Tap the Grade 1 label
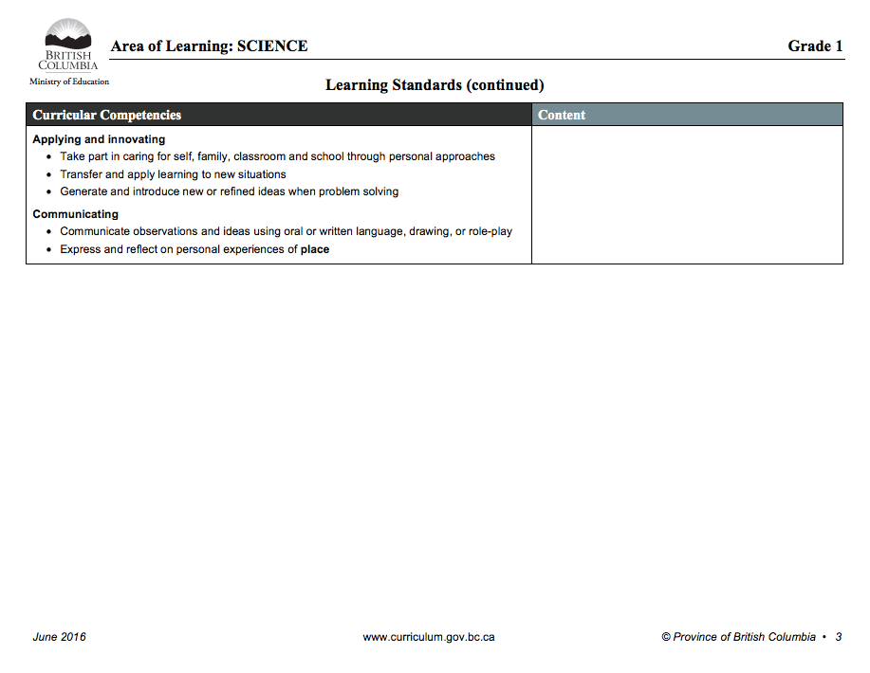815,46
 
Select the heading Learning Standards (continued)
435,85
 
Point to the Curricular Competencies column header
106,116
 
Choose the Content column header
562,116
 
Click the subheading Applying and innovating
99,139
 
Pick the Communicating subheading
76,214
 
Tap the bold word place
315,249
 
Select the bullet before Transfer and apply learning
48,174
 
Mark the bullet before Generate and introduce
48,191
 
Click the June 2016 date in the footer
59,637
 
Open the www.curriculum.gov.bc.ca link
429,637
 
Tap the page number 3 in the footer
839,637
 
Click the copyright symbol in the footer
666,637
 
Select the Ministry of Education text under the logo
69,82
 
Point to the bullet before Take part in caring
48,156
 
